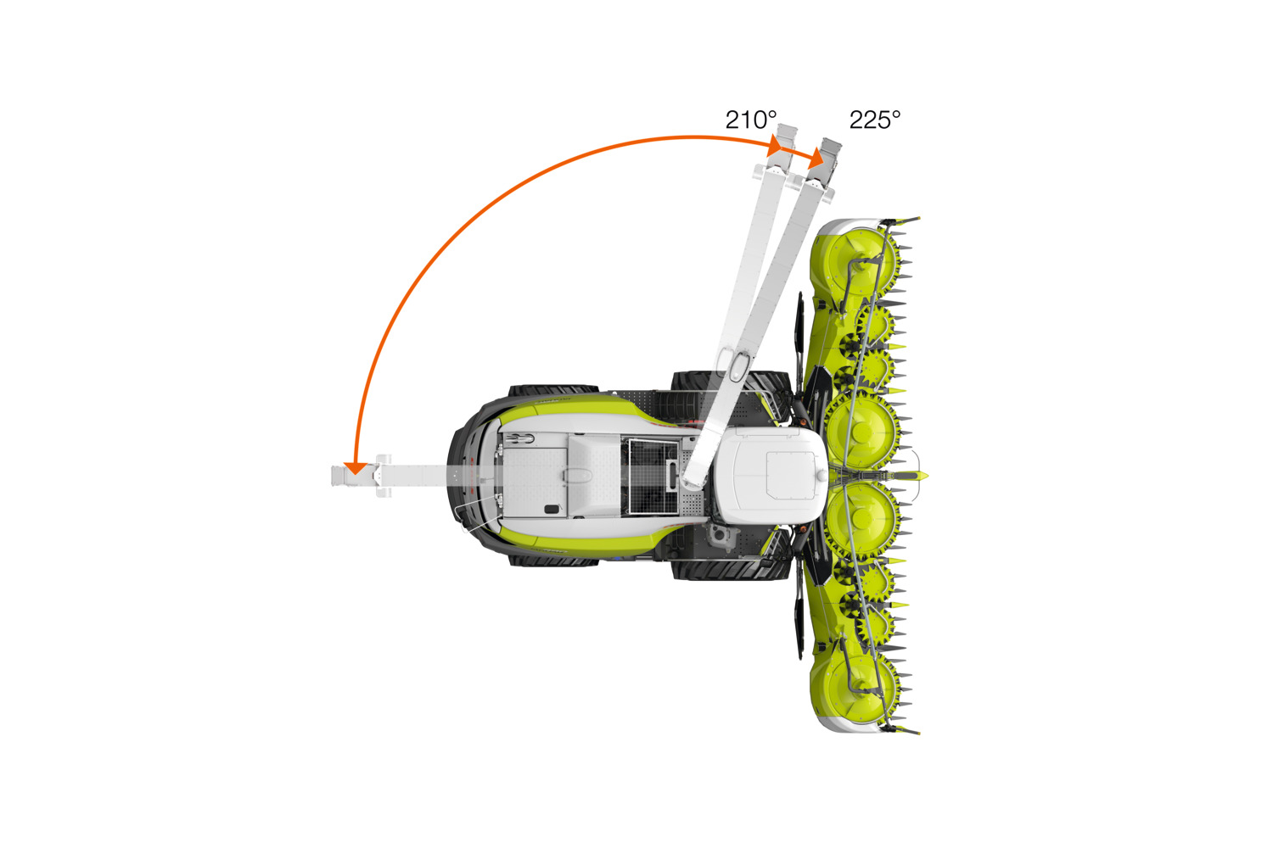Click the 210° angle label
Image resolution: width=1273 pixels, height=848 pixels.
click(751, 120)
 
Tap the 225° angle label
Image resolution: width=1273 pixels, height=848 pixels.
click(875, 120)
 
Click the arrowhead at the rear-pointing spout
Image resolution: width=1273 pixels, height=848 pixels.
click(356, 468)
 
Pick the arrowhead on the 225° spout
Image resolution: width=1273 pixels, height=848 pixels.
click(816, 158)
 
